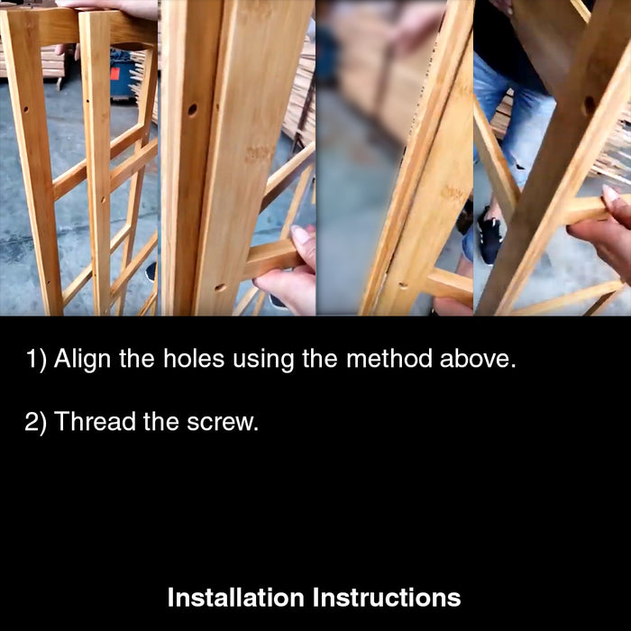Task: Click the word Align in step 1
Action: point(82,359)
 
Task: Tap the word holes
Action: point(194,358)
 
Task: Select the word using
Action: point(263,360)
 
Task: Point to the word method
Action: point(388,358)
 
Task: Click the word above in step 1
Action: point(478,358)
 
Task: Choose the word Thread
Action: point(95,421)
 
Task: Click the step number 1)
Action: point(36,359)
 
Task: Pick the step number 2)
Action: point(35,422)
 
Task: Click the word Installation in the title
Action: point(235,597)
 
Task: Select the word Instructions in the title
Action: point(387,597)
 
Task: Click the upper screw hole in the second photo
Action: point(192,109)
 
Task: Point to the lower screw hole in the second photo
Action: point(220,288)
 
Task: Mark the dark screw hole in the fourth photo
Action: point(590,105)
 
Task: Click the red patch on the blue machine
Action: point(114,74)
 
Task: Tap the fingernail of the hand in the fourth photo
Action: point(611,194)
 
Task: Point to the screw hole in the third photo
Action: point(402,286)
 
